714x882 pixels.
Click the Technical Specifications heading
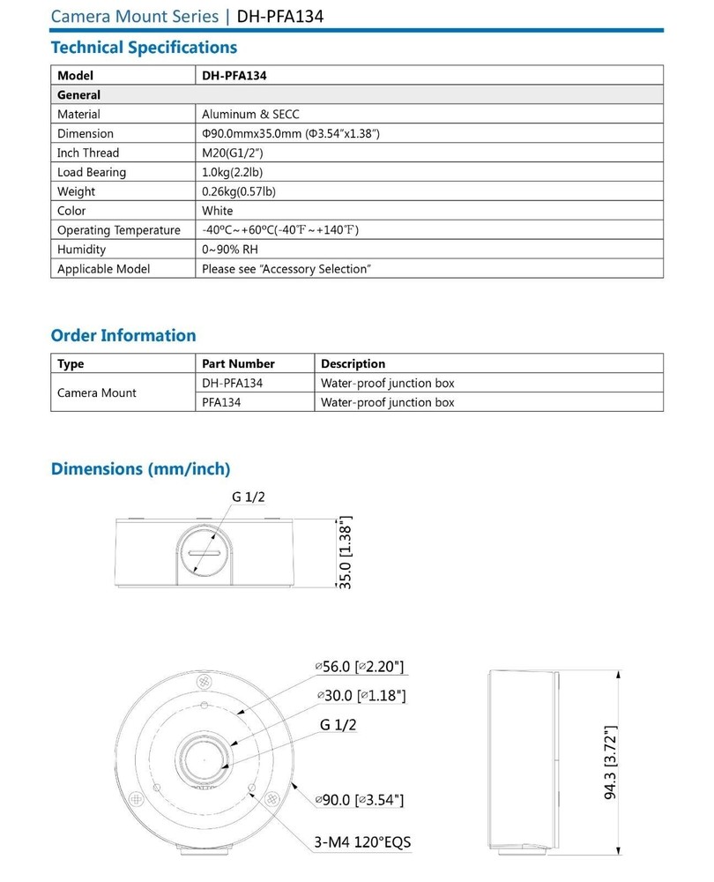(144, 48)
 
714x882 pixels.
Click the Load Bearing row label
(92, 172)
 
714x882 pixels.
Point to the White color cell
(218, 211)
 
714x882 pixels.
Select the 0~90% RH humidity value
(230, 250)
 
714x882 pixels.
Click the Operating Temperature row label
(119, 230)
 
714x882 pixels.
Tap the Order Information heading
(123, 335)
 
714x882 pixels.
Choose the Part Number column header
(238, 363)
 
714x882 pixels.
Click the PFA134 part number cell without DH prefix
(221, 402)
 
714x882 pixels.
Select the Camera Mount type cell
(97, 392)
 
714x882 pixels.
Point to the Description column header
(353, 363)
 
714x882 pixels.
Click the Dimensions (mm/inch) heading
(140, 468)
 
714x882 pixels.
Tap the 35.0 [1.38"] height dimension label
(346, 552)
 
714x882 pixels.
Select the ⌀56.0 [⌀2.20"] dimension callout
(361, 667)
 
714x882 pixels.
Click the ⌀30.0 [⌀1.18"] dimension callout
(361, 697)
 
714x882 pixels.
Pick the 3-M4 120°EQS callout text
(362, 841)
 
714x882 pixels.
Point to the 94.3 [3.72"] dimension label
(610, 763)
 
